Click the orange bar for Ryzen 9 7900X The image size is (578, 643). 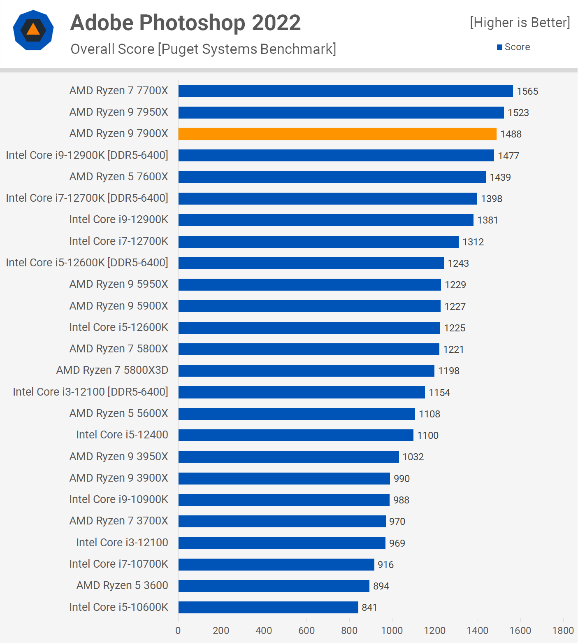click(x=337, y=134)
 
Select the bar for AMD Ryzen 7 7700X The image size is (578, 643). click(x=346, y=91)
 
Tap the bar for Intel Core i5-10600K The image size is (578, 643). click(x=268, y=607)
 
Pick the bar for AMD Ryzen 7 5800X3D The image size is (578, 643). click(x=306, y=370)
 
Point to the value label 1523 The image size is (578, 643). click(x=518, y=113)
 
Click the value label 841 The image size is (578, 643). click(x=369, y=608)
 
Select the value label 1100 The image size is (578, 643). click(x=428, y=436)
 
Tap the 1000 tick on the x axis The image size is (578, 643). click(x=392, y=631)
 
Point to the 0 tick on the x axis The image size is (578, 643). click(x=178, y=631)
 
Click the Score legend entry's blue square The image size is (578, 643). click(x=500, y=47)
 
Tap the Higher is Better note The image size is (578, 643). click(x=520, y=23)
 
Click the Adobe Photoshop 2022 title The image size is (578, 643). click(x=186, y=23)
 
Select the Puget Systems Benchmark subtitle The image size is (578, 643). click(x=203, y=49)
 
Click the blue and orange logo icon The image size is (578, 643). click(x=33, y=30)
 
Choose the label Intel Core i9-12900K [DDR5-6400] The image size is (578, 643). click(x=87, y=155)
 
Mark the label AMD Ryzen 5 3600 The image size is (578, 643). click(x=122, y=585)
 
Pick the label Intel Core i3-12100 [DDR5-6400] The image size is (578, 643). click(x=91, y=392)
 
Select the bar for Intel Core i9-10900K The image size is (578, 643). click(x=284, y=500)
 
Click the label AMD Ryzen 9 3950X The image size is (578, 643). click(x=119, y=457)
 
